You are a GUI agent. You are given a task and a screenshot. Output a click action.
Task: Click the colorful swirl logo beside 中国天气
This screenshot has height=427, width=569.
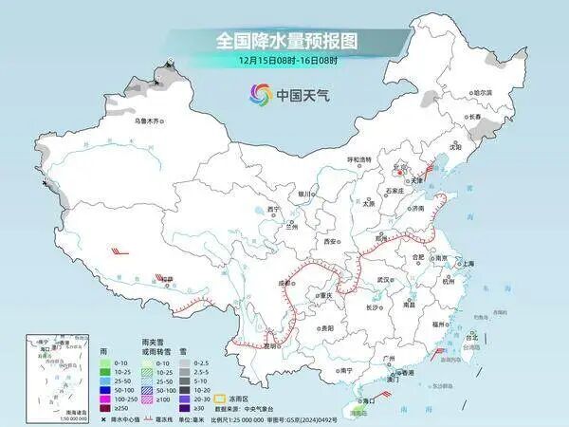pos(259,94)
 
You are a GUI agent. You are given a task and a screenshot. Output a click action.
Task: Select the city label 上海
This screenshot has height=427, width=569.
pos(468,263)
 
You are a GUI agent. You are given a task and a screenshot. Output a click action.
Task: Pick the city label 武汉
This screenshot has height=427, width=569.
pos(384,280)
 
